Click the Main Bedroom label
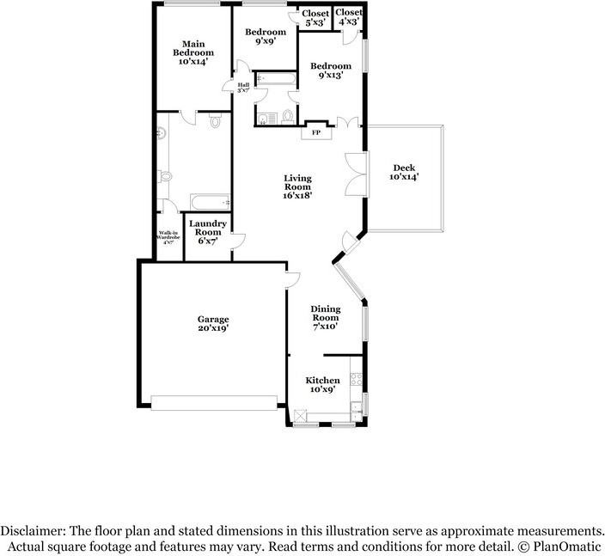pos(192,53)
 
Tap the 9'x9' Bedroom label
pos(266,38)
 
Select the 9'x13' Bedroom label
pos(331,71)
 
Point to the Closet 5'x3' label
pos(315,19)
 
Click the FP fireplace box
pos(315,132)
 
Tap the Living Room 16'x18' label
pos(298,186)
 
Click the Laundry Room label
pos(208,232)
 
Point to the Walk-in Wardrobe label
pos(168,236)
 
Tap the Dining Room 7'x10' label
pos(326,317)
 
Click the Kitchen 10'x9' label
pos(323,385)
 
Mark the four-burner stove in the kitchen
pos(355,379)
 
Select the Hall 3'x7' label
pos(243,88)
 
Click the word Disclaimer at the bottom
pos(33,530)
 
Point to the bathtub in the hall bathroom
pos(276,80)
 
